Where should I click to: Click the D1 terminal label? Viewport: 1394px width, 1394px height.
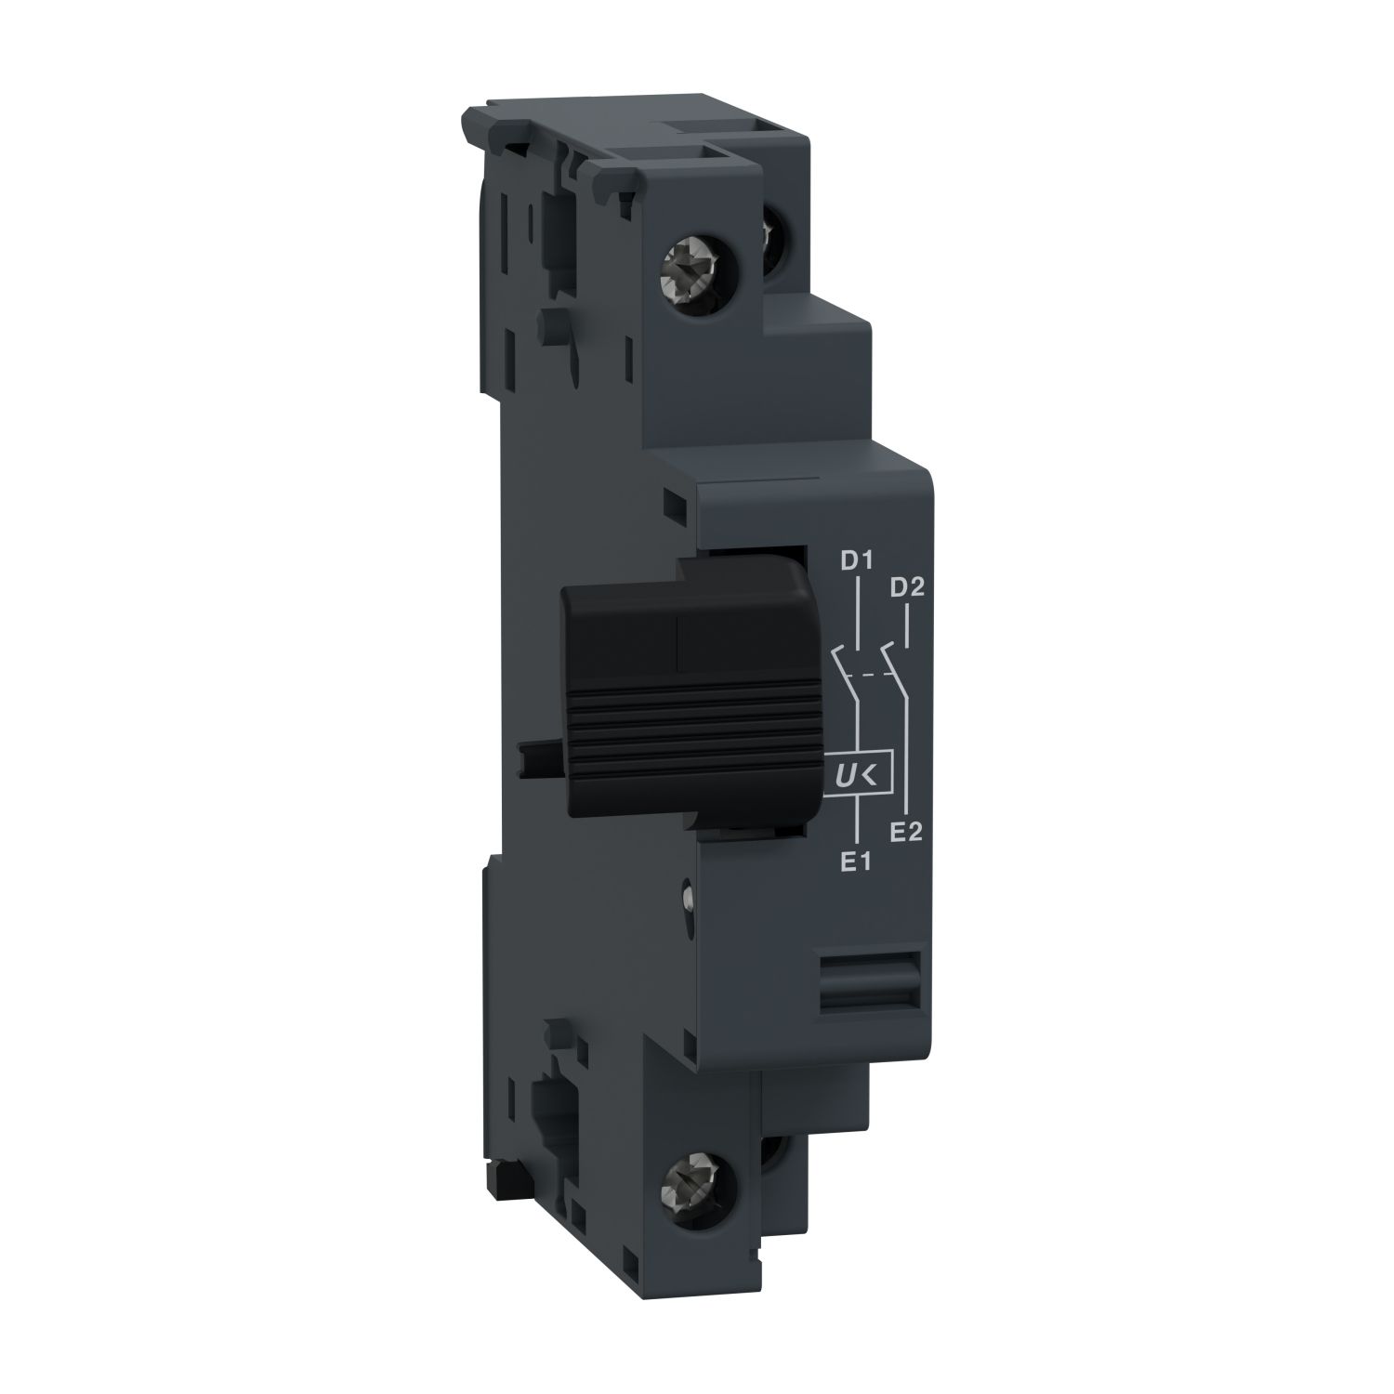point(854,561)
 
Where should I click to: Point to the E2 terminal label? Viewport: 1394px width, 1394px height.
point(905,832)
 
